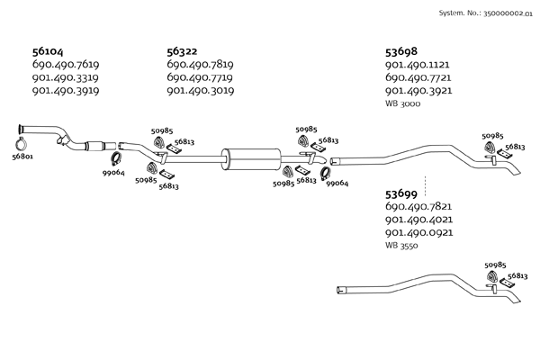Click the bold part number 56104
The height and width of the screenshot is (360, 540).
[x=48, y=51]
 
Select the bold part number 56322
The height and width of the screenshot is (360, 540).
[x=182, y=51]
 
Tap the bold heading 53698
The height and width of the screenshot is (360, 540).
[x=401, y=51]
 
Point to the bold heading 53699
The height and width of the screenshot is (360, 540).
[x=401, y=194]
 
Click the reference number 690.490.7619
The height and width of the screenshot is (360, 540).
[x=66, y=65]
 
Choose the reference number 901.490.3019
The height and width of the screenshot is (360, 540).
[x=201, y=91]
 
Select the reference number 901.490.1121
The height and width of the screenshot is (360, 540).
[x=418, y=65]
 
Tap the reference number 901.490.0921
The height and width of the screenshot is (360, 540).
[x=419, y=232]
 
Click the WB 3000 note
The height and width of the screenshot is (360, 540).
[x=403, y=103]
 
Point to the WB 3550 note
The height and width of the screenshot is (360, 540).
[x=401, y=246]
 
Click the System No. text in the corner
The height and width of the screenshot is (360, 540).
[x=486, y=13]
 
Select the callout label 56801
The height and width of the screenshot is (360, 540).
[x=22, y=157]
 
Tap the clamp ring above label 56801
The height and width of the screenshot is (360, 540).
[x=22, y=143]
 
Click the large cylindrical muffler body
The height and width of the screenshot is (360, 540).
[x=251, y=159]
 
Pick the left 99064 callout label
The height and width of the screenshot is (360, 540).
[x=113, y=173]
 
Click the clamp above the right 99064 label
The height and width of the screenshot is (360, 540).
[x=325, y=174]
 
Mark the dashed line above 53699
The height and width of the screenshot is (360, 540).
[x=425, y=186]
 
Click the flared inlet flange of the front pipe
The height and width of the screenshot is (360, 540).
[x=21, y=130]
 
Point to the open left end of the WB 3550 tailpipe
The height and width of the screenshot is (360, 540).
[x=338, y=291]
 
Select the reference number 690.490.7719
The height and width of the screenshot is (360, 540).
[x=200, y=77]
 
